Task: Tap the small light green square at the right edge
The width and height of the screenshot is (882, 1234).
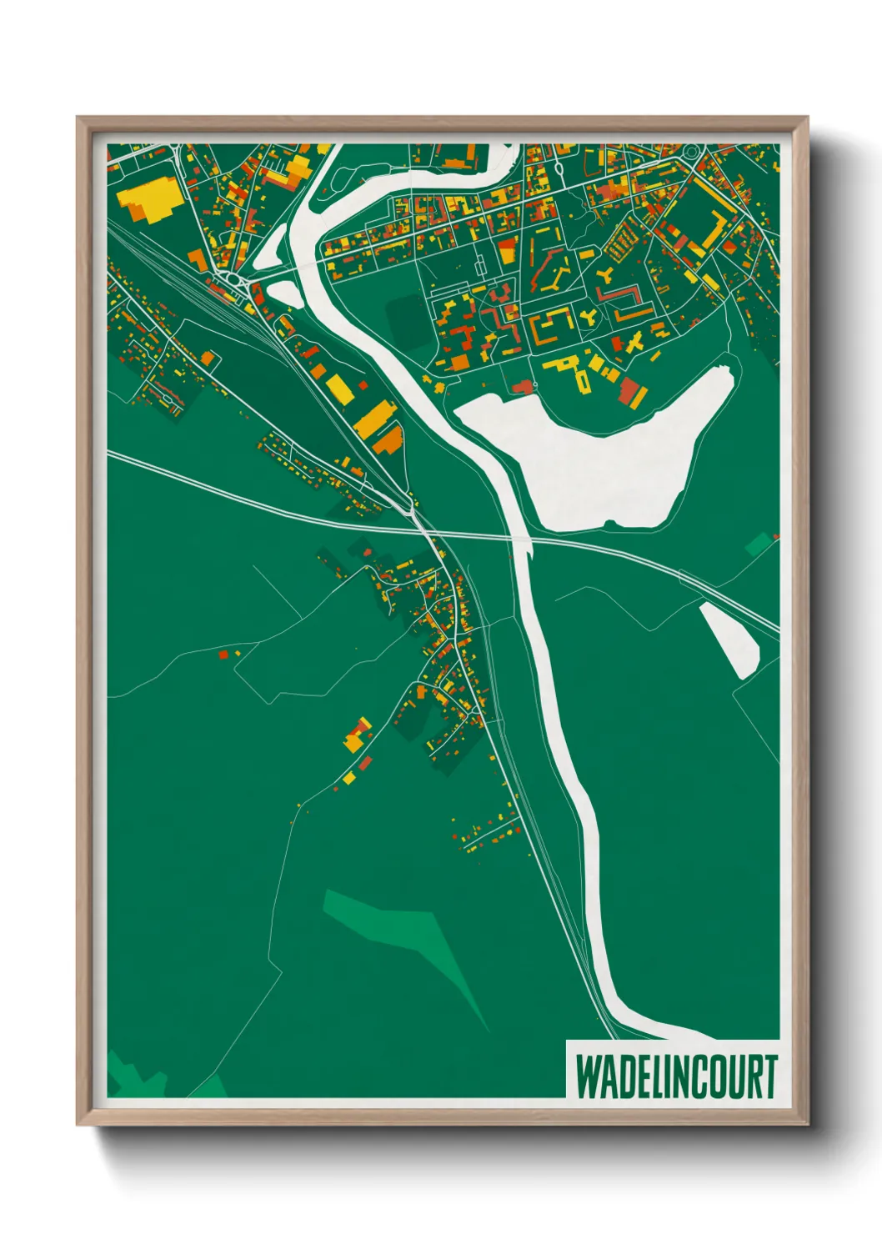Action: [x=759, y=544]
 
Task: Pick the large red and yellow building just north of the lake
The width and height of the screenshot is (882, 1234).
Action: [x=633, y=393]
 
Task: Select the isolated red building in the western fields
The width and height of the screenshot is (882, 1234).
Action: [x=223, y=655]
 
